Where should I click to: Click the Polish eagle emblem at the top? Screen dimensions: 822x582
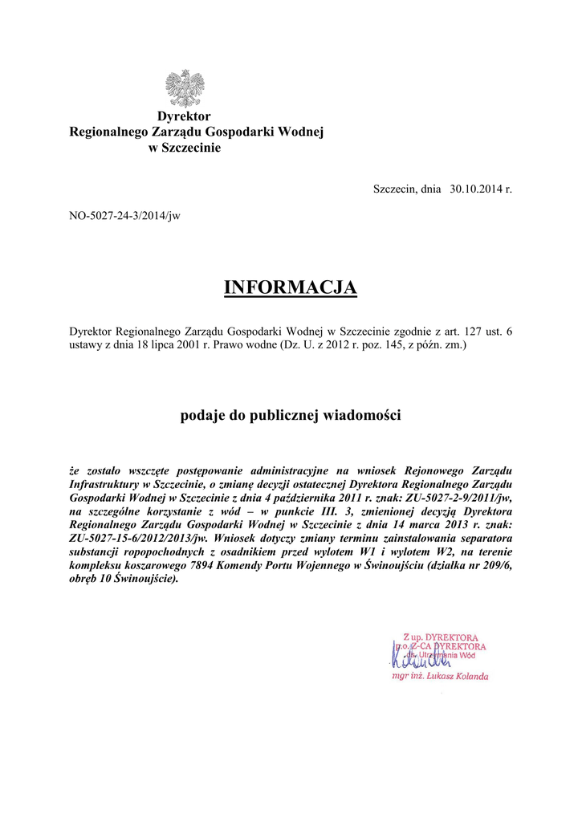pos(184,87)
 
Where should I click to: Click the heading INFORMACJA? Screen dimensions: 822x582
pos(290,287)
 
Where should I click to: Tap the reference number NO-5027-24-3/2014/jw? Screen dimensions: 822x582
pos(124,217)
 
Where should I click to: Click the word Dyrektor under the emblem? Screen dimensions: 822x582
pos(184,116)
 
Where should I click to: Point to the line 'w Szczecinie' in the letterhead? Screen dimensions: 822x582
pos(184,148)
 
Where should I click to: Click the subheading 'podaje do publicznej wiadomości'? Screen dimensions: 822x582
pos(290,416)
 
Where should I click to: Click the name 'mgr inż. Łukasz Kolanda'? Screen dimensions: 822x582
pos(440,677)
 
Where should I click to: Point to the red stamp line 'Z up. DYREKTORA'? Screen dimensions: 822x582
pos(442,634)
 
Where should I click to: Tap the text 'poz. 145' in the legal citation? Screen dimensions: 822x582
pos(372,345)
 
